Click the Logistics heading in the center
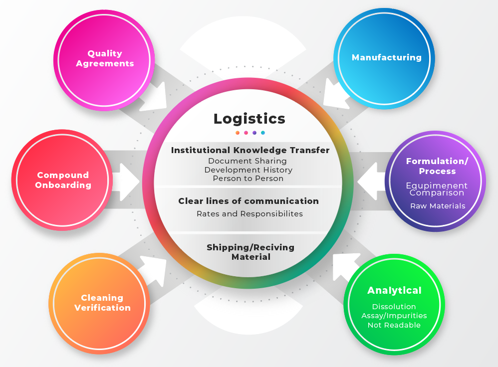click(249, 119)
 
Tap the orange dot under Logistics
click(238, 133)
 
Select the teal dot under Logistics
click(263, 133)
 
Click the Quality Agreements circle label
click(104, 58)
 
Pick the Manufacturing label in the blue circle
click(386, 57)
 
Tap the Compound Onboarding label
click(63, 180)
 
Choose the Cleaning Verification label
click(102, 303)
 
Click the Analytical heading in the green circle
click(394, 291)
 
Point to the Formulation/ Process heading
click(437, 166)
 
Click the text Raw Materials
click(438, 206)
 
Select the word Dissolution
click(394, 307)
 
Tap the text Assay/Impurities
click(394, 316)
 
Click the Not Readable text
click(394, 325)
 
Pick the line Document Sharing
click(248, 161)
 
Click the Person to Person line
click(248, 179)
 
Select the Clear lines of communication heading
click(249, 201)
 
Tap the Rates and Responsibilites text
click(249, 214)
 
